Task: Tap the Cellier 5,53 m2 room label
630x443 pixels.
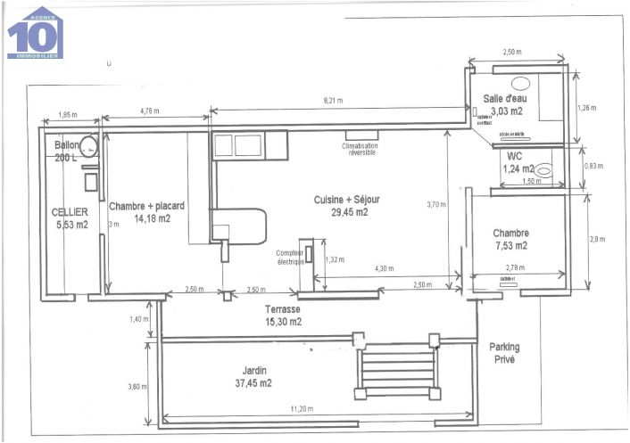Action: (70, 219)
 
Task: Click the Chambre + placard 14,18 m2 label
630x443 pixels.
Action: (146, 211)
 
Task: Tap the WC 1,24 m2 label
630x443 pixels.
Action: (516, 162)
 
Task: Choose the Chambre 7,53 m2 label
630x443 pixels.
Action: (510, 239)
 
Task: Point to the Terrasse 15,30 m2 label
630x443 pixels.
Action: (282, 315)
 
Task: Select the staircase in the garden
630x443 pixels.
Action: (397, 368)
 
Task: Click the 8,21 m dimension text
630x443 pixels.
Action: (334, 102)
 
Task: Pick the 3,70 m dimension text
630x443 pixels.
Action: (434, 204)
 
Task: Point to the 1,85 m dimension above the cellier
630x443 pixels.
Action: (68, 115)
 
